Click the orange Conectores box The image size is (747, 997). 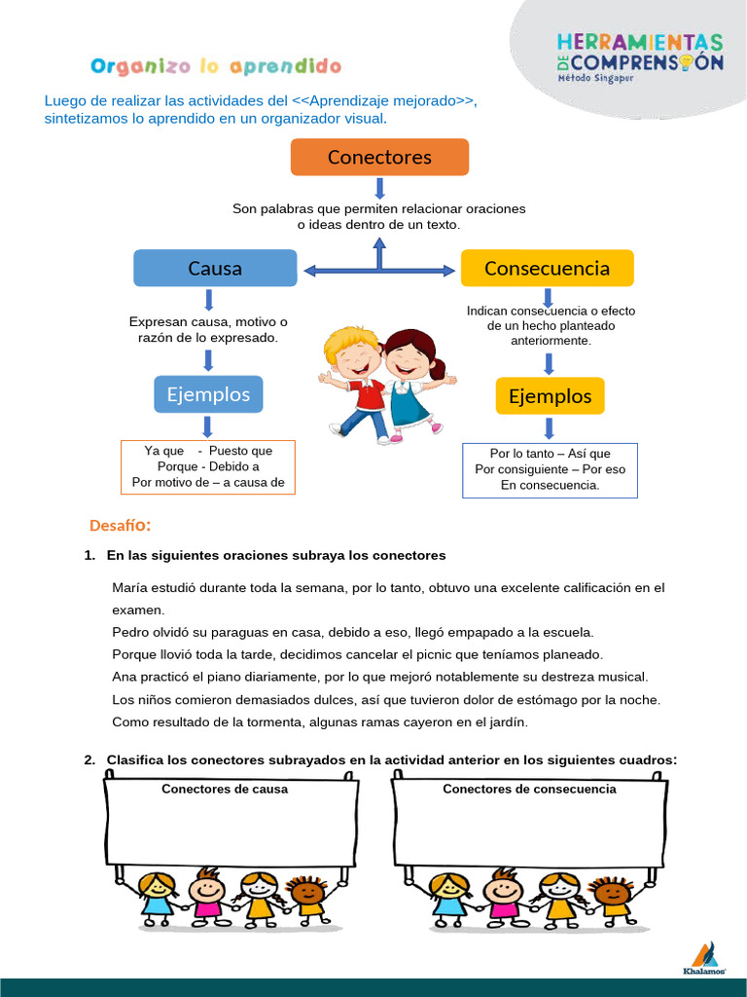pyautogui.click(x=379, y=157)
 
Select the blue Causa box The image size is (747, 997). pyautogui.click(x=215, y=268)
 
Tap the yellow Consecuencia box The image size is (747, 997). pyautogui.click(x=547, y=268)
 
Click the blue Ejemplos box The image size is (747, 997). pyautogui.click(x=208, y=394)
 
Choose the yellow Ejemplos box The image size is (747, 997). pyautogui.click(x=550, y=396)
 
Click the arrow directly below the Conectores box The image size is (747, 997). pyautogui.click(x=379, y=188)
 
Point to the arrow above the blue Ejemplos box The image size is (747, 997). pyautogui.click(x=208, y=360)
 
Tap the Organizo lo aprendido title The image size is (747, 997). pyautogui.click(x=216, y=66)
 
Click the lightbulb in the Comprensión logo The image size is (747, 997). pyautogui.click(x=687, y=60)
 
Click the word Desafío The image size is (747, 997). pyautogui.click(x=120, y=526)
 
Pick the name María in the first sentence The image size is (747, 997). pyautogui.click(x=131, y=588)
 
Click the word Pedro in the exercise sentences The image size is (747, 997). pyautogui.click(x=131, y=632)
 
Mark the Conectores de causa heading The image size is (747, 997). pyautogui.click(x=225, y=789)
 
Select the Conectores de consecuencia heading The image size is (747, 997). pyautogui.click(x=529, y=789)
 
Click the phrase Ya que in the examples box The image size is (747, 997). pyautogui.click(x=163, y=451)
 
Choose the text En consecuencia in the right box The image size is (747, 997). pyautogui.click(x=550, y=485)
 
